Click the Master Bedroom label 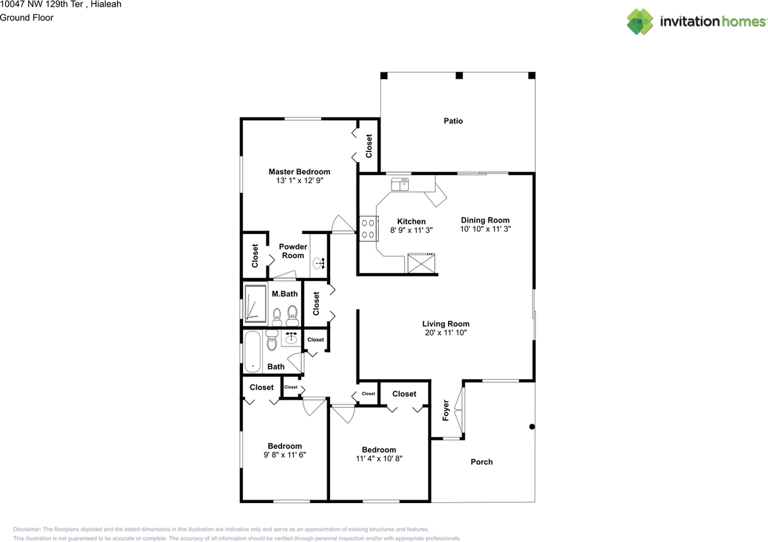[x=299, y=172]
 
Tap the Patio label [x=453, y=121]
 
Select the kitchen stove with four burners [x=368, y=229]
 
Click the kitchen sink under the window [x=400, y=184]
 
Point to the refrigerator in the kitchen [x=421, y=263]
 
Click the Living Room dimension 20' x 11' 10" [x=445, y=333]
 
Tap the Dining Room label [x=485, y=220]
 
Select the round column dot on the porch [x=532, y=427]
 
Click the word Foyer [x=446, y=410]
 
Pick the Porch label [x=481, y=462]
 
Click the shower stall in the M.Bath [x=255, y=304]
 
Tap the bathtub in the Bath [x=253, y=351]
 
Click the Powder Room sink [x=319, y=262]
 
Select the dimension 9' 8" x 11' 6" [x=284, y=455]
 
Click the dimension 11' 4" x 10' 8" [x=379, y=459]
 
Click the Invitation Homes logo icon [x=640, y=22]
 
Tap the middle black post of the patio [x=459, y=76]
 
